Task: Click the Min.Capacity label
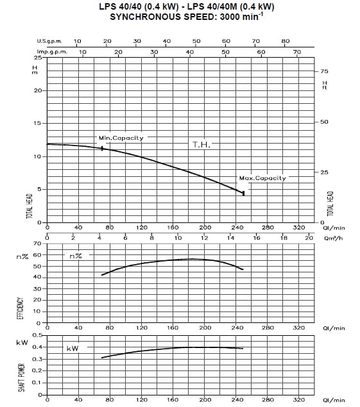pos(121,138)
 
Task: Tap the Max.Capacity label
pos(262,178)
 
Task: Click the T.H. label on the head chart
pos(201,145)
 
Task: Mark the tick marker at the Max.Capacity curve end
pos(244,194)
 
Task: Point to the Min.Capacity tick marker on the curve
pos(102,148)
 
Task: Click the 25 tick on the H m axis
pos(38,57)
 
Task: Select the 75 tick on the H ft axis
pos(324,71)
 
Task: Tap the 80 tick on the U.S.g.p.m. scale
pos(285,41)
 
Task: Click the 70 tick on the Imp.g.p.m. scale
pos(297,52)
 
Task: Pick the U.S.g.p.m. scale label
pos(49,41)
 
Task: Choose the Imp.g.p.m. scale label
pos(52,52)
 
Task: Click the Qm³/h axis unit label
pos(334,238)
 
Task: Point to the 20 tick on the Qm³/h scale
pos(309,238)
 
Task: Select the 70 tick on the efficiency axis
pos(37,244)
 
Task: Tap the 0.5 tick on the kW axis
pos(37,335)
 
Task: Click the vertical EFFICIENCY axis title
pos(21,308)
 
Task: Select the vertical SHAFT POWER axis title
pos(21,378)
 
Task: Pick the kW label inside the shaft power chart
pos(73,348)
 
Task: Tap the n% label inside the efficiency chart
pos(76,256)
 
